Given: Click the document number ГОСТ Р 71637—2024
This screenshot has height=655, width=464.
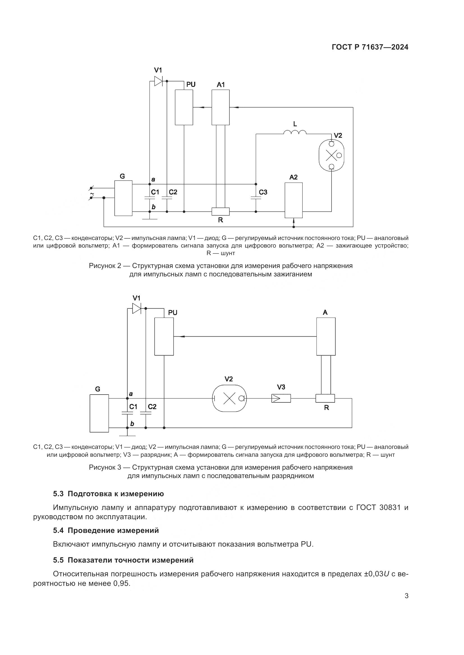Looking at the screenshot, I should pos(370,47).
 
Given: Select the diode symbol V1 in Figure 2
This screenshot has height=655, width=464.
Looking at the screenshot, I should pos(158,81).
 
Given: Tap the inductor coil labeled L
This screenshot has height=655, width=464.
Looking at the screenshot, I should pos(295,132).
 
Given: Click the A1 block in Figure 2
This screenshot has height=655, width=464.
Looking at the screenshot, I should pos(220,107).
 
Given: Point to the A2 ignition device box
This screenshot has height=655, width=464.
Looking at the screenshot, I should pos(293,200).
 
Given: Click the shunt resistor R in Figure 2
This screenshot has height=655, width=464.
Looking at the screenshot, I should pos(220,211).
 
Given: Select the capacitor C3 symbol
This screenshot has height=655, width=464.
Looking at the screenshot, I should pos(256,197).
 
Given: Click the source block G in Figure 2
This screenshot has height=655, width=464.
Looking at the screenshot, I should pos(123,198).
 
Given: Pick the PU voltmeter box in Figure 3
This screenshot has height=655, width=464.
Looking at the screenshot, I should pos(164,336).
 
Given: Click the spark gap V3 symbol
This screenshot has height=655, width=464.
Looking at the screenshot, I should pos(281,398).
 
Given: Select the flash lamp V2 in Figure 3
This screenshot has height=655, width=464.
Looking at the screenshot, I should pos(229,398).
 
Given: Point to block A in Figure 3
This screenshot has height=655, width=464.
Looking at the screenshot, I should pos(326,336).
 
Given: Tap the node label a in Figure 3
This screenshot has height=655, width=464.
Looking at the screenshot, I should pos(131,394).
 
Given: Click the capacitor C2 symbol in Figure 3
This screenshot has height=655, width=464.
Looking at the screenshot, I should pos(146,412).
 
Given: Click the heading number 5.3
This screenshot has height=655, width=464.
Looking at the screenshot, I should pos(58,494).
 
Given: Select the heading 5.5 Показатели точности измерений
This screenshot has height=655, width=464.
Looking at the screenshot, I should pos(123,560).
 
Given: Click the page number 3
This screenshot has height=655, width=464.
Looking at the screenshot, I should pos(406,604).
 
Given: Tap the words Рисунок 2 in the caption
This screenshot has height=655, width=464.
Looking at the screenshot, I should pos(105,266).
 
